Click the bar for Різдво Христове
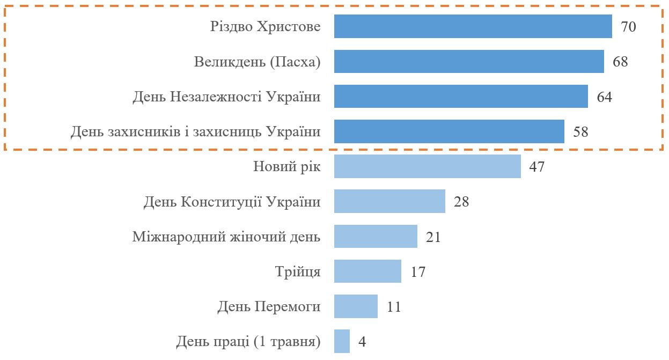(x=473, y=26)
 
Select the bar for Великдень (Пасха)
(x=469, y=61)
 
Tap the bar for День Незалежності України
(x=461, y=96)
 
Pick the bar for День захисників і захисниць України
(x=449, y=131)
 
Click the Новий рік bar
(x=427, y=166)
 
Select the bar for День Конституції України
(x=389, y=201)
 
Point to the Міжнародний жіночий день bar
(x=376, y=236)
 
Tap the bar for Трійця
(x=367, y=271)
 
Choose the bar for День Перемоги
(x=356, y=306)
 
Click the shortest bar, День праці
(x=342, y=341)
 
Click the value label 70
(x=628, y=27)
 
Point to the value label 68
(x=620, y=62)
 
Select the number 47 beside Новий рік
(x=536, y=167)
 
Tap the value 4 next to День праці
(x=362, y=342)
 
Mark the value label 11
(x=394, y=307)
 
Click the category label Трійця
(x=297, y=271)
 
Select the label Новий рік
(x=286, y=166)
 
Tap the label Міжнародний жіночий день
(x=226, y=237)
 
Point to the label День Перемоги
(x=269, y=307)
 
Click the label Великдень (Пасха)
(x=257, y=62)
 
